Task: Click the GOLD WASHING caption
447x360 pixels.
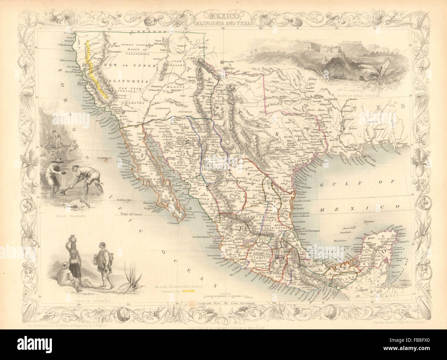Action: point(69,217)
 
